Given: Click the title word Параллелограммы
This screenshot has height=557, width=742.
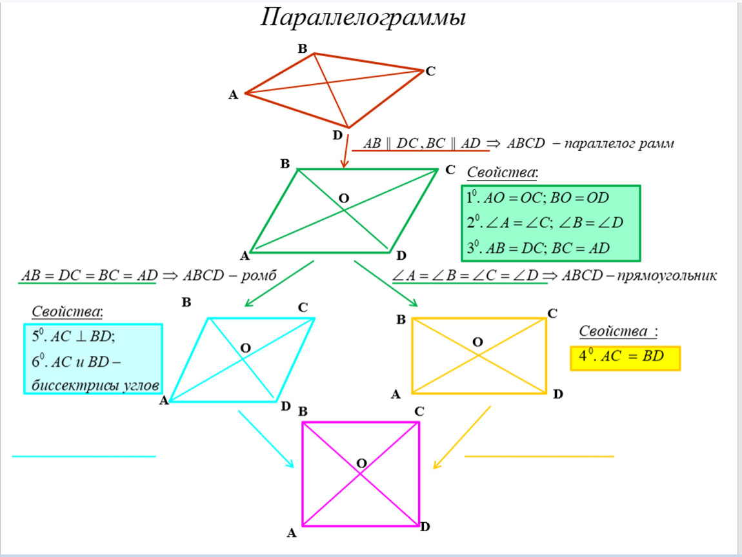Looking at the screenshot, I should [363, 18].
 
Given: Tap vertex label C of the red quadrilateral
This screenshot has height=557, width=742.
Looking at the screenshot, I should [430, 72].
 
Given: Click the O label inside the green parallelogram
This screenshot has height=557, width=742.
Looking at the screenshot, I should [344, 199].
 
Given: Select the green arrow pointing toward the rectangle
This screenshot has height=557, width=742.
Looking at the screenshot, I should [385, 282].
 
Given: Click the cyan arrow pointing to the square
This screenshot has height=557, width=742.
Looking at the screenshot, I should [266, 439].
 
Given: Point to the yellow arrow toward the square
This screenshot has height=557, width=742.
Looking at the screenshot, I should [461, 438].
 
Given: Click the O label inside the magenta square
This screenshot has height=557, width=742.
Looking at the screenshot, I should [361, 463].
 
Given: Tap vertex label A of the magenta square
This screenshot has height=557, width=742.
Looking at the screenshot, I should [291, 533].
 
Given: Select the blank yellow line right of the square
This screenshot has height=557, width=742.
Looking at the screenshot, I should [539, 456].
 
